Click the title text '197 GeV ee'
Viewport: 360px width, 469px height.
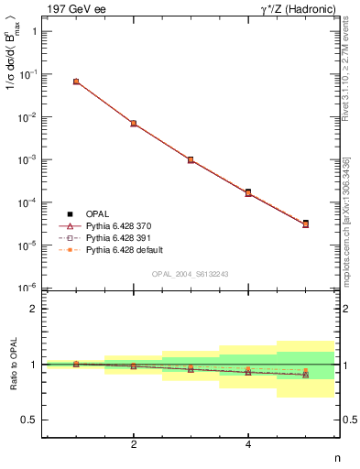[74, 8]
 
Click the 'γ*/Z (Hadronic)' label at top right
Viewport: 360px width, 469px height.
[293, 8]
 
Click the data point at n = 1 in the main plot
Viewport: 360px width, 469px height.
[76, 82]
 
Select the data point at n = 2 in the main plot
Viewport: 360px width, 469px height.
[134, 123]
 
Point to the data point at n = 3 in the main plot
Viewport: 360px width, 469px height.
[191, 159]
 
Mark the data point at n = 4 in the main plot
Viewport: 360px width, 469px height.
[248, 192]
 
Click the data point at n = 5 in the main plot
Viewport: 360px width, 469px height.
[306, 224]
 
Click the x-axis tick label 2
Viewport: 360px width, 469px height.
[134, 444]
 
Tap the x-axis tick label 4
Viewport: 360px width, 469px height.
[248, 444]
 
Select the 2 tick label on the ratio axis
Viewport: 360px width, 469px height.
[33, 309]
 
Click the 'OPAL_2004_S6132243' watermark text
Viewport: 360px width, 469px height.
[191, 273]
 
